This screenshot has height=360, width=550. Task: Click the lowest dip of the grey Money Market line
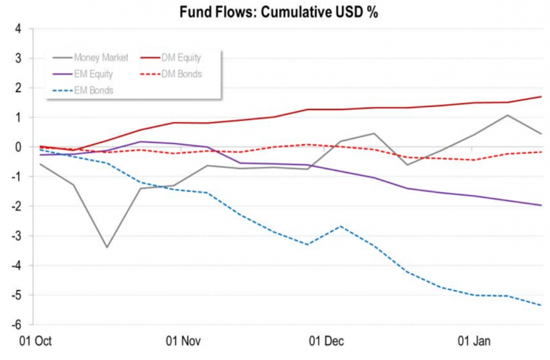(x=106, y=247)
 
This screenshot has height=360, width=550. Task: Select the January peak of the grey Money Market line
(x=508, y=115)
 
